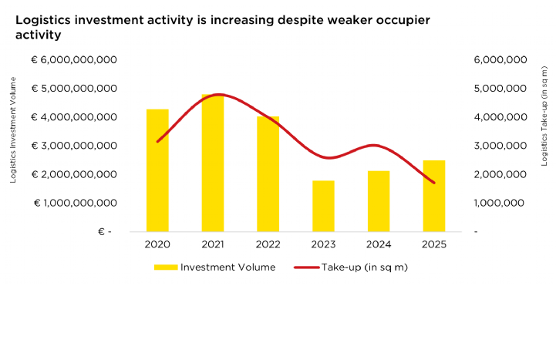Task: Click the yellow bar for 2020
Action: click(157, 170)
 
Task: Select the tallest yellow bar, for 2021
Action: click(213, 163)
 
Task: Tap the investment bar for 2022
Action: click(268, 174)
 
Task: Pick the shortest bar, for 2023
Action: click(323, 207)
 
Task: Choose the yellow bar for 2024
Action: click(379, 201)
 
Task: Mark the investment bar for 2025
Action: click(434, 196)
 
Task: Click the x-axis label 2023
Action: click(323, 244)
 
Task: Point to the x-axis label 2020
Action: click(157, 244)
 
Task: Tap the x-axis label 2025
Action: click(434, 244)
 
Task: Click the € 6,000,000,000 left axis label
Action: click(74, 60)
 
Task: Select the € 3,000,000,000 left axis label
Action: click(74, 146)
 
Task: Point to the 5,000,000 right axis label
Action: click(500, 89)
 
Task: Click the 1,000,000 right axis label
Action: click(499, 203)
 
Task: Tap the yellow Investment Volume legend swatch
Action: click(166, 267)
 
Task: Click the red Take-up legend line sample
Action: click(307, 267)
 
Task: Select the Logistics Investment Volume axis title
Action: click(13, 130)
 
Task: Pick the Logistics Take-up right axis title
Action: click(544, 116)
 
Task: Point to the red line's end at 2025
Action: click(434, 183)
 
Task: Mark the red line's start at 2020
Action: click(157, 141)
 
